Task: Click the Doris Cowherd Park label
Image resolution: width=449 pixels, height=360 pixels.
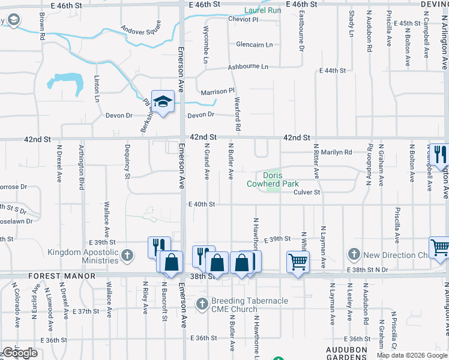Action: coord(273,179)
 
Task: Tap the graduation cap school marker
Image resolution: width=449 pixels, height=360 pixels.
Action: coord(162,102)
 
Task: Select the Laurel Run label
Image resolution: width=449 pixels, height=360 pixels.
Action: coord(263,10)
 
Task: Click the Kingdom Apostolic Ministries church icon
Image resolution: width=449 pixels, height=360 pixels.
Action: coord(127,256)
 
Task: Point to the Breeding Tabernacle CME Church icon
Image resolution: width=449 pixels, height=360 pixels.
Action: coord(203,304)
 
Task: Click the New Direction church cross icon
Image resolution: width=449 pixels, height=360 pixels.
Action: coord(354,255)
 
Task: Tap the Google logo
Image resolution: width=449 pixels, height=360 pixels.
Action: coord(19,353)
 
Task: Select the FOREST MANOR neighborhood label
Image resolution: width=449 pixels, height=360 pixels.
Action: coord(62,276)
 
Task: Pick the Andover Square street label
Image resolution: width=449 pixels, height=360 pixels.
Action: coord(141,28)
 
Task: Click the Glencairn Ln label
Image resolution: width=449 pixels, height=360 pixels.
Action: coord(254,44)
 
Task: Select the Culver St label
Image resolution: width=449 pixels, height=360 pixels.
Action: coord(307,192)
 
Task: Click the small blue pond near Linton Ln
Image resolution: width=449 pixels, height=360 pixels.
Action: coord(66,82)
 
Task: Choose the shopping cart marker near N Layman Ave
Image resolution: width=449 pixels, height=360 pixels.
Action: coord(298,262)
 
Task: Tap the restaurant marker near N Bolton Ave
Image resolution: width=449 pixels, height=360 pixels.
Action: coord(439,155)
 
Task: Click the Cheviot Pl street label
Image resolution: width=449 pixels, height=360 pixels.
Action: coord(243,19)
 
